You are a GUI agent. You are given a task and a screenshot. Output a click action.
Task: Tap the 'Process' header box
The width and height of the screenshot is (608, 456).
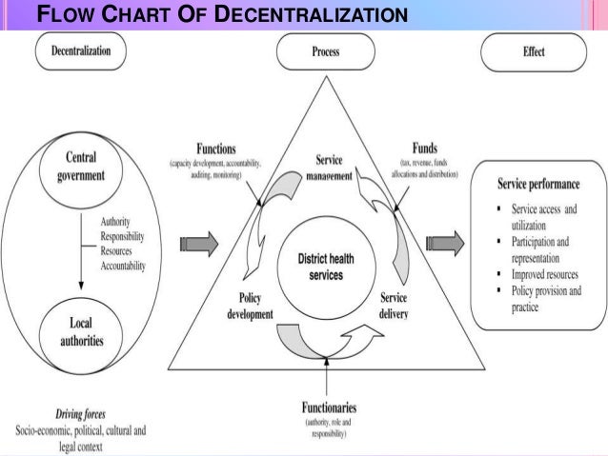pyautogui.click(x=325, y=53)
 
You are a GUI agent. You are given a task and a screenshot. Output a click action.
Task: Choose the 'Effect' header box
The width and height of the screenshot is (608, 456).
pyautogui.click(x=534, y=53)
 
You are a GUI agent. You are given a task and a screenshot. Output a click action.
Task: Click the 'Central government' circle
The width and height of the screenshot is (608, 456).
pyautogui.click(x=80, y=166)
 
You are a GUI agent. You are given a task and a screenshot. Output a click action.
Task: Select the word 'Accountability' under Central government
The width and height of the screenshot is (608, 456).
pyautogui.click(x=123, y=267)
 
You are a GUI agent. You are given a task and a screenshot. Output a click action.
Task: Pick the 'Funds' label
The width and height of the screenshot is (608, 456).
pyautogui.click(x=425, y=149)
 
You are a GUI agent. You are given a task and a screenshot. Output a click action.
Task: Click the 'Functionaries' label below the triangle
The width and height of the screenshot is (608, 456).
pyautogui.click(x=326, y=407)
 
